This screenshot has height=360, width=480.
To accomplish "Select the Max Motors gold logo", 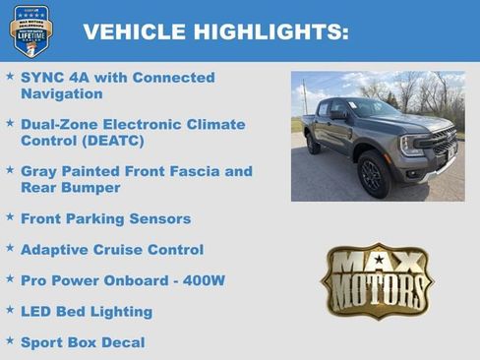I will click(377, 280).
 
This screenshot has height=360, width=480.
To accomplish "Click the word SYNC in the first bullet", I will click(41, 78).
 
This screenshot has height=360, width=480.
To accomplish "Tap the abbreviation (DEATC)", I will click(111, 141).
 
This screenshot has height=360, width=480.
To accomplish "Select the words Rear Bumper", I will click(70, 188).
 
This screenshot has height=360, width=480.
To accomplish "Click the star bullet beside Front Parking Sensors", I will click(10, 216).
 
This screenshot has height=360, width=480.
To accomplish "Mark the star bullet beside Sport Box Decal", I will click(10, 340).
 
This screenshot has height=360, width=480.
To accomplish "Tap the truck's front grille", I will click(442, 145).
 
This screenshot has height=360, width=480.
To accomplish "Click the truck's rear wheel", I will click(314, 145).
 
